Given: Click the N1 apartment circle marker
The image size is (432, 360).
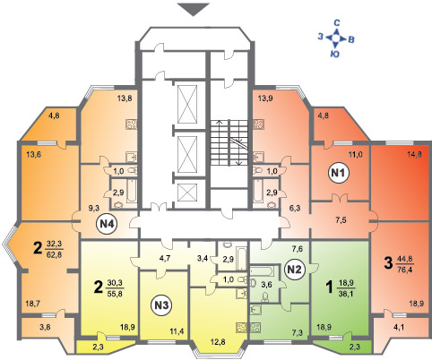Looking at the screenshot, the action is pos(339,173).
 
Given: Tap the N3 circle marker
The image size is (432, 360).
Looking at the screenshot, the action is pos(163,305).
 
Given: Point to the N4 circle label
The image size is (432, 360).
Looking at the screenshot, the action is pos(107,224).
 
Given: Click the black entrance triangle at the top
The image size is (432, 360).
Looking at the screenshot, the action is pos(194,9).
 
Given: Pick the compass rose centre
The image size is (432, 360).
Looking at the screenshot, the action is pos(336,39).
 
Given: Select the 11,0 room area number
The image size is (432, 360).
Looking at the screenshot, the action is pos(355,155).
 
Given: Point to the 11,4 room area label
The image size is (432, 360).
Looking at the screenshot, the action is pos(177,330).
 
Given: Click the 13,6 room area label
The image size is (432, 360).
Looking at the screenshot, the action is pos(34,155).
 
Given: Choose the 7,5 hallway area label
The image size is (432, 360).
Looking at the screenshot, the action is pos(341,220).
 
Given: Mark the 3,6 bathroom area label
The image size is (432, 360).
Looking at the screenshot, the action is pos(266,285).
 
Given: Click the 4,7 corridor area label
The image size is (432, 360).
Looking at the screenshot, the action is pos(165,258).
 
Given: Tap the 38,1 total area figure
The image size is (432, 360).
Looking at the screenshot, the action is pos(347,294).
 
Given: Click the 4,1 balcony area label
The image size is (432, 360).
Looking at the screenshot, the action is pos(399,328).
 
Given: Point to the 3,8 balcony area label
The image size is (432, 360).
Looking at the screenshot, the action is pos(45,327).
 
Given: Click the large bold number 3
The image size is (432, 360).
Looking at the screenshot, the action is pos(388,263).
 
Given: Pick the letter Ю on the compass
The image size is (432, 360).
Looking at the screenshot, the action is pos(335,54).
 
